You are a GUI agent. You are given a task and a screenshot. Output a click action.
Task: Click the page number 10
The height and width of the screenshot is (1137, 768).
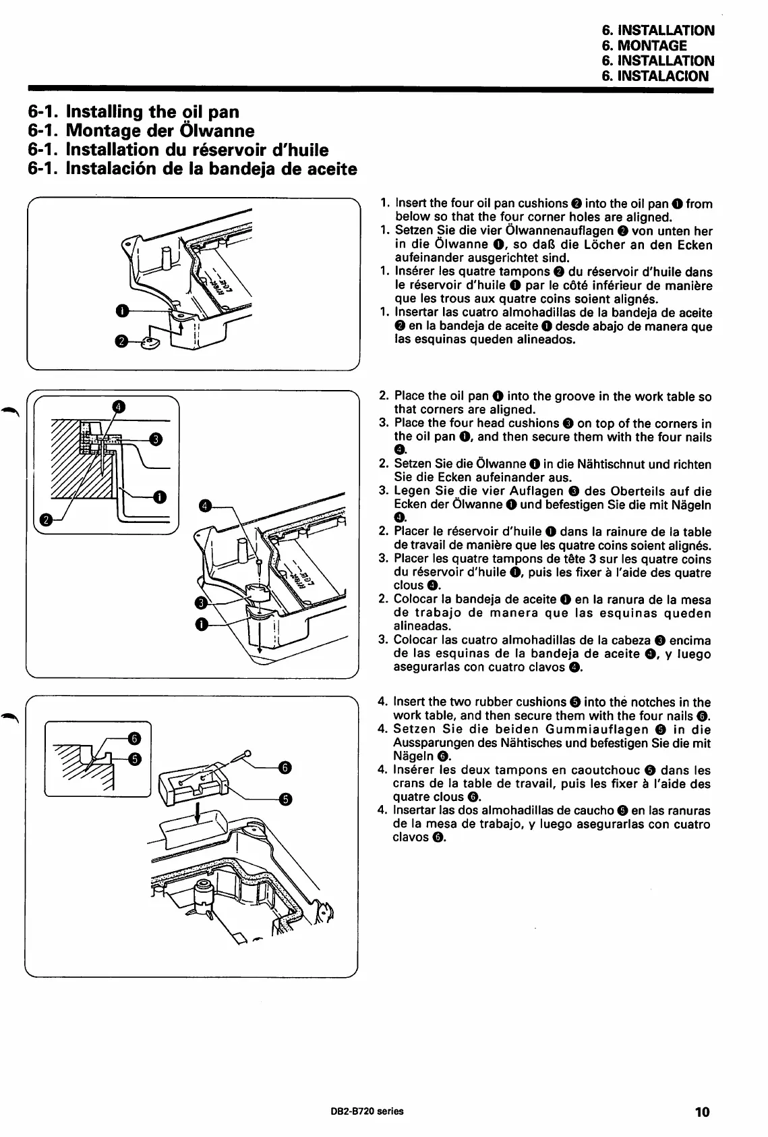pyautogui.click(x=702, y=1112)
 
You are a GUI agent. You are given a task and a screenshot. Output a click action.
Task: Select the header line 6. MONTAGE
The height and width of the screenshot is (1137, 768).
pyautogui.click(x=643, y=46)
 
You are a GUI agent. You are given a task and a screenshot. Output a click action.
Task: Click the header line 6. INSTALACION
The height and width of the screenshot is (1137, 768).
pyautogui.click(x=655, y=76)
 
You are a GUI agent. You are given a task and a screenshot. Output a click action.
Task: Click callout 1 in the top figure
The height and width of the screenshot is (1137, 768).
pyautogui.click(x=120, y=310)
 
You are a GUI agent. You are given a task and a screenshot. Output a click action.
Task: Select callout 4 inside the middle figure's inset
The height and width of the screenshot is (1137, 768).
pyautogui.click(x=118, y=406)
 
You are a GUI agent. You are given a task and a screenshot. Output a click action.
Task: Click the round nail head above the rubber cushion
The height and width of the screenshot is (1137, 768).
pyautogui.click(x=248, y=753)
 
